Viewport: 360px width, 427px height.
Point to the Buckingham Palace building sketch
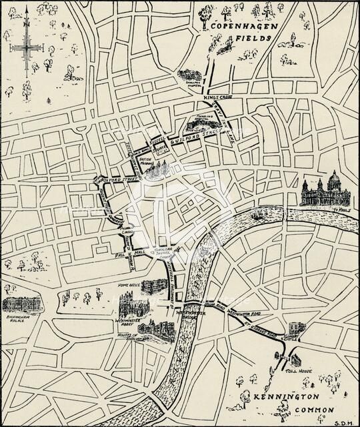[x=22, y=304]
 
